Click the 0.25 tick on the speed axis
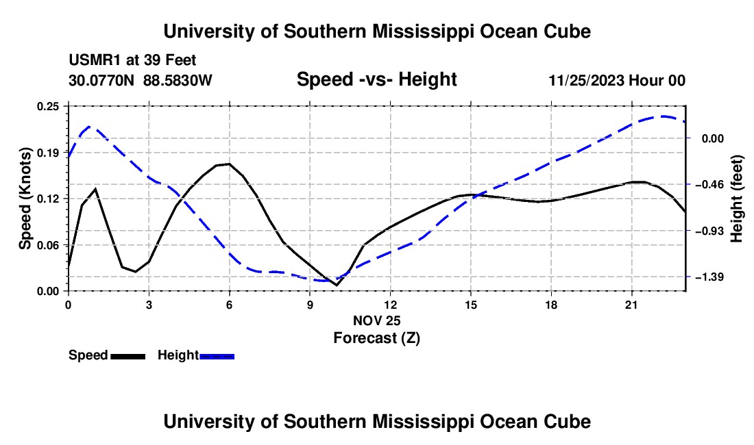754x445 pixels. tap(47, 106)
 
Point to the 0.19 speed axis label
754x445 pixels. tap(47, 153)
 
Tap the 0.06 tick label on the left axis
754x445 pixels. tap(47, 245)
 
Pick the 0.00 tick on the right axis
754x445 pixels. tap(713, 139)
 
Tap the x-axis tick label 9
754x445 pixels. tap(310, 305)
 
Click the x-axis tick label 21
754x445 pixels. tap(631, 305)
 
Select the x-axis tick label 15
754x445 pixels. tap(470, 305)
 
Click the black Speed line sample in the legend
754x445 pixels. tap(128, 356)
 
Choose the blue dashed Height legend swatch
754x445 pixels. tap(217, 356)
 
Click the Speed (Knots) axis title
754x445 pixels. tap(25, 199)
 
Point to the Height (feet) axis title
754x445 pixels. tap(737, 199)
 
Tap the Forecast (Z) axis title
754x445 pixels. tap(376, 338)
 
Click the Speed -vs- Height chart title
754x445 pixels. tap(376, 79)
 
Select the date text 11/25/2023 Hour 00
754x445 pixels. tap(617, 80)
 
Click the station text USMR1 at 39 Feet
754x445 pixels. tap(132, 60)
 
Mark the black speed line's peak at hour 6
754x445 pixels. tap(229, 164)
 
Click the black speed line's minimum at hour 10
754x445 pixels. tap(336, 285)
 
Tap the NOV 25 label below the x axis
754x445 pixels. tap(376, 320)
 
